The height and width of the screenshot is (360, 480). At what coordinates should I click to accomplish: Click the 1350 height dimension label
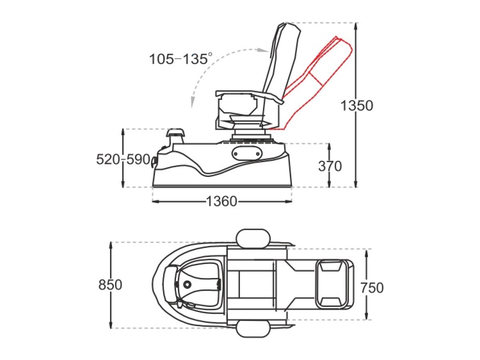(x=357, y=106)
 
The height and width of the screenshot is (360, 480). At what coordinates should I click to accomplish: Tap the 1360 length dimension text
(x=222, y=201)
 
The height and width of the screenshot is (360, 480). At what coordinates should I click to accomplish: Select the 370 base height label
(x=330, y=166)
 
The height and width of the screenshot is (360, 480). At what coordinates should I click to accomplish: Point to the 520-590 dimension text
(x=123, y=159)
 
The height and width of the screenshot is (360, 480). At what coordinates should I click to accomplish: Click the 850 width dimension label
(x=110, y=285)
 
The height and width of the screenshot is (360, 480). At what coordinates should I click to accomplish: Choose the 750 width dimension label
(x=372, y=288)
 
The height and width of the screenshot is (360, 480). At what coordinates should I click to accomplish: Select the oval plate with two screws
(x=247, y=154)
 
